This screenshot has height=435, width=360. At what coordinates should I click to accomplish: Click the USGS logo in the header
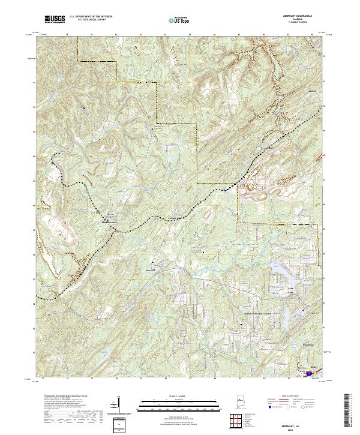tap(55, 20)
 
